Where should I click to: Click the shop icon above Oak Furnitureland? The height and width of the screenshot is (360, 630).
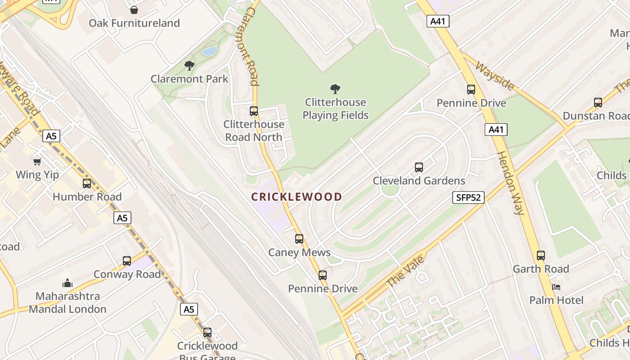(x=134, y=9)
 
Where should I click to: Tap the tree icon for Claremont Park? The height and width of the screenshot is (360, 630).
(x=189, y=66)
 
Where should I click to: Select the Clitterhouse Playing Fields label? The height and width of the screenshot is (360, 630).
(x=335, y=108)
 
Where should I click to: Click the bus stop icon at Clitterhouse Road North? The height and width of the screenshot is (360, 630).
(x=254, y=111)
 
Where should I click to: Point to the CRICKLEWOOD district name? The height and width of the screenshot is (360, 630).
(x=297, y=197)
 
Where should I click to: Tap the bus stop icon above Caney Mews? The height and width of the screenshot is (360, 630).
(x=299, y=239)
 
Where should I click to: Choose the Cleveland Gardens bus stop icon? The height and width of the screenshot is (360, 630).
(x=419, y=167)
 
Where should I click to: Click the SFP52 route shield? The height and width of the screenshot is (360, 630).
(x=468, y=197)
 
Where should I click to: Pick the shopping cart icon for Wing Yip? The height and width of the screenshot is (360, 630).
(x=37, y=161)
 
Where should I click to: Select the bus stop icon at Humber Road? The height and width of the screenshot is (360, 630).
(x=87, y=183)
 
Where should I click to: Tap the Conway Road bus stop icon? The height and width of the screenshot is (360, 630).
(x=127, y=261)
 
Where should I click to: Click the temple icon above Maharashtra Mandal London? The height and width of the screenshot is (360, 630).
(x=67, y=283)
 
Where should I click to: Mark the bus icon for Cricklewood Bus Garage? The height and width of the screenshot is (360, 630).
(x=207, y=332)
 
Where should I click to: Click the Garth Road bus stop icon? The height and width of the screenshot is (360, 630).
(x=541, y=255)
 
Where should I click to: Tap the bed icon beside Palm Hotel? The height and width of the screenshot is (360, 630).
(x=556, y=287)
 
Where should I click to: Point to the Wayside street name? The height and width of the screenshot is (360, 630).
(x=495, y=76)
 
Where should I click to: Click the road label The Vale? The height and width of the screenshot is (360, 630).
(x=405, y=271)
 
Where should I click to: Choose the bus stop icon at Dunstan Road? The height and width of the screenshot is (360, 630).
(x=598, y=102)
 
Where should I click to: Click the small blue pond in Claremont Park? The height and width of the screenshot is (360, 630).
(x=209, y=51)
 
